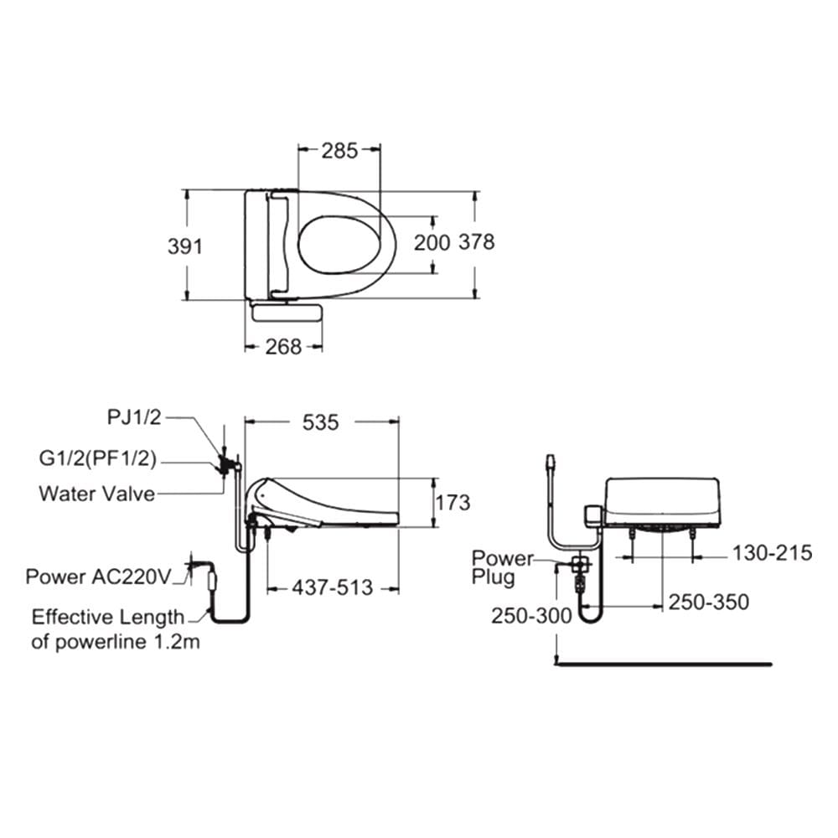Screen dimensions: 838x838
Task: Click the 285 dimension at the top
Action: tap(339, 151)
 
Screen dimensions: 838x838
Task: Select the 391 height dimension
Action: tap(185, 246)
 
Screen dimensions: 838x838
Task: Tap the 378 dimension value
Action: tap(477, 242)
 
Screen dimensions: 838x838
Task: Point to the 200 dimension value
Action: tap(432, 243)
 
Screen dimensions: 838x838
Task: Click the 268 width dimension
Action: tap(283, 347)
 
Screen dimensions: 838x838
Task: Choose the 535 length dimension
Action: tap(320, 422)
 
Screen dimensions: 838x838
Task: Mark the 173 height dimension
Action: tap(453, 502)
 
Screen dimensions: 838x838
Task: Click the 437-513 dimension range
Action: tap(332, 588)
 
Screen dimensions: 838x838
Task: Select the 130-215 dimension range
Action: tap(772, 553)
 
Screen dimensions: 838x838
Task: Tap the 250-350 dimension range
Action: tap(709, 603)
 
